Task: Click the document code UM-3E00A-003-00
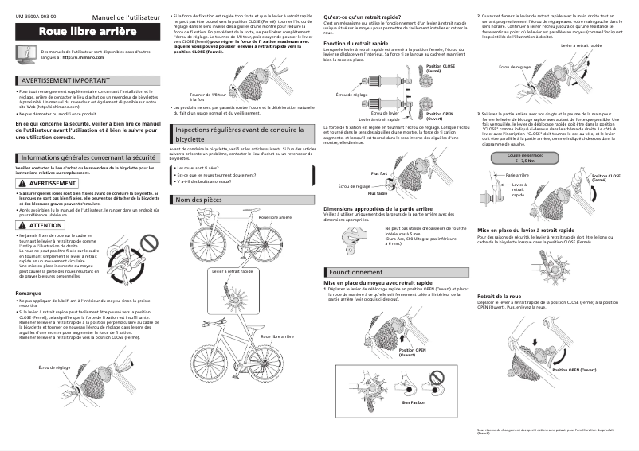coord(35,16)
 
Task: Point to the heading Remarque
coord(29,294)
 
